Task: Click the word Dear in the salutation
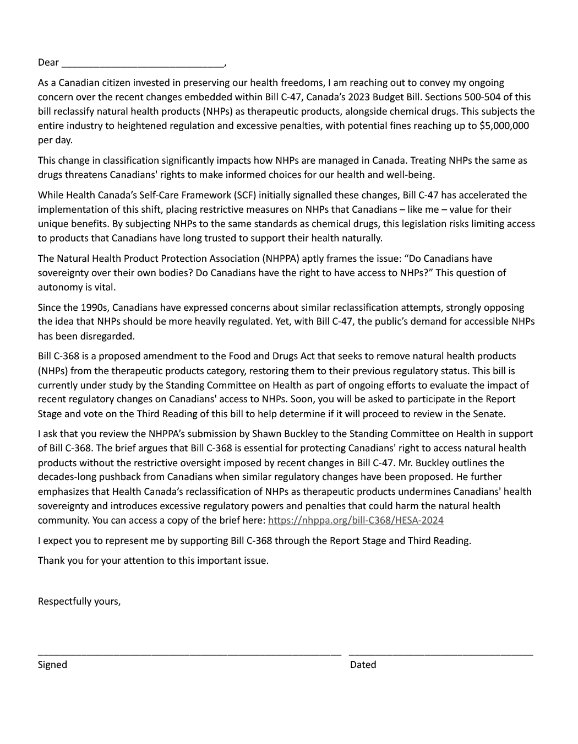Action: click(x=48, y=62)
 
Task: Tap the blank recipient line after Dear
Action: click(x=143, y=64)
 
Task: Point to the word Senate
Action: click(x=489, y=414)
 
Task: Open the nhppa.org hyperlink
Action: click(x=356, y=520)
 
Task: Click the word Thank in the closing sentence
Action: click(x=51, y=560)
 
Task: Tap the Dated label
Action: click(x=363, y=665)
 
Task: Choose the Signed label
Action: click(x=52, y=665)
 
